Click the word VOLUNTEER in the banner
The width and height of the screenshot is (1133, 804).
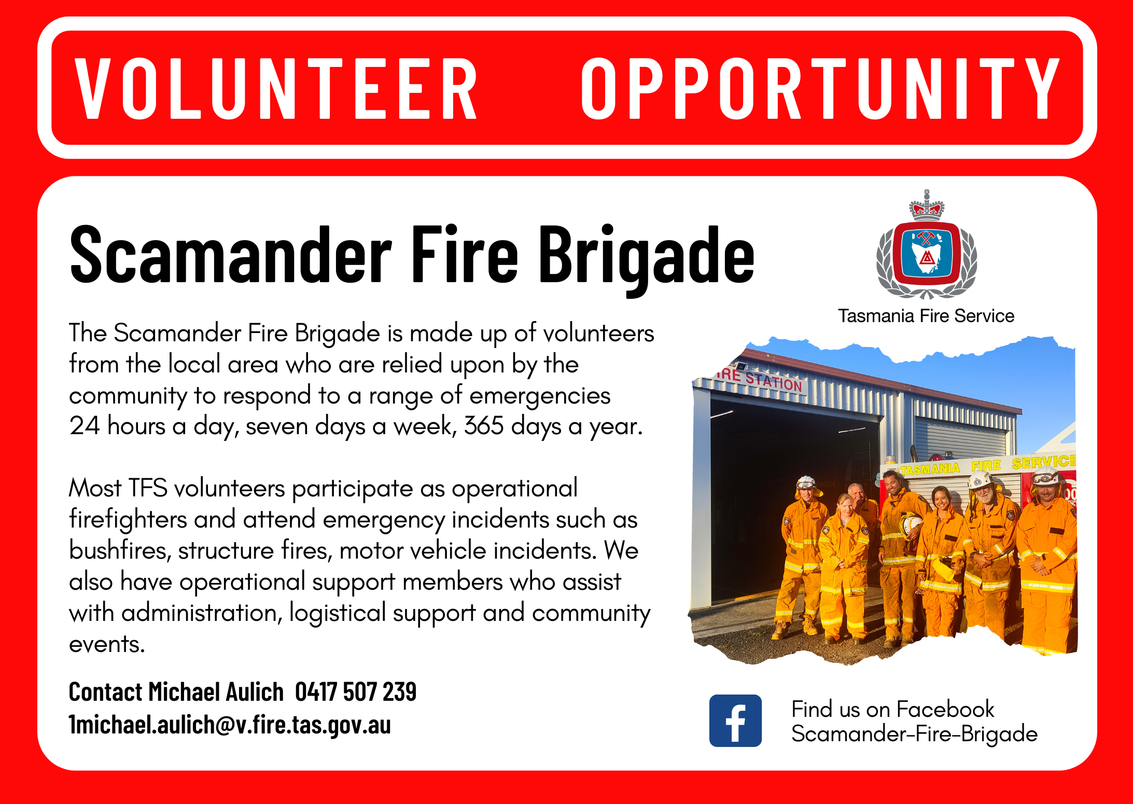tap(276, 88)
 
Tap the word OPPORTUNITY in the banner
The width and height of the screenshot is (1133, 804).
tap(820, 88)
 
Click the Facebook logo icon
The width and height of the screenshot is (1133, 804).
tap(735, 720)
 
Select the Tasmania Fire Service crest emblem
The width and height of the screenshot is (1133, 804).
tap(927, 244)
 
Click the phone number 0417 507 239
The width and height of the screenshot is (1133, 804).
tap(356, 691)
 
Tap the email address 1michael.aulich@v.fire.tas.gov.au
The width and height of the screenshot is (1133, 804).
tap(230, 725)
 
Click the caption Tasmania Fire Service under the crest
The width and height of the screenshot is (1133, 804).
tap(926, 315)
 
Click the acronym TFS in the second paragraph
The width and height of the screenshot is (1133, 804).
tap(148, 488)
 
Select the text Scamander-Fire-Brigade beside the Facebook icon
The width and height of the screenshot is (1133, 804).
tap(914, 734)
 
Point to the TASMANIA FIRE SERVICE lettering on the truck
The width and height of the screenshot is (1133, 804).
tap(988, 464)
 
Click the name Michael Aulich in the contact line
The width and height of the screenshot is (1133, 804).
tap(216, 691)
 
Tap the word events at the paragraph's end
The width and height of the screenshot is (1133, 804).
tap(107, 644)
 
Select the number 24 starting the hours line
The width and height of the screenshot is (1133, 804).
tap(84, 426)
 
